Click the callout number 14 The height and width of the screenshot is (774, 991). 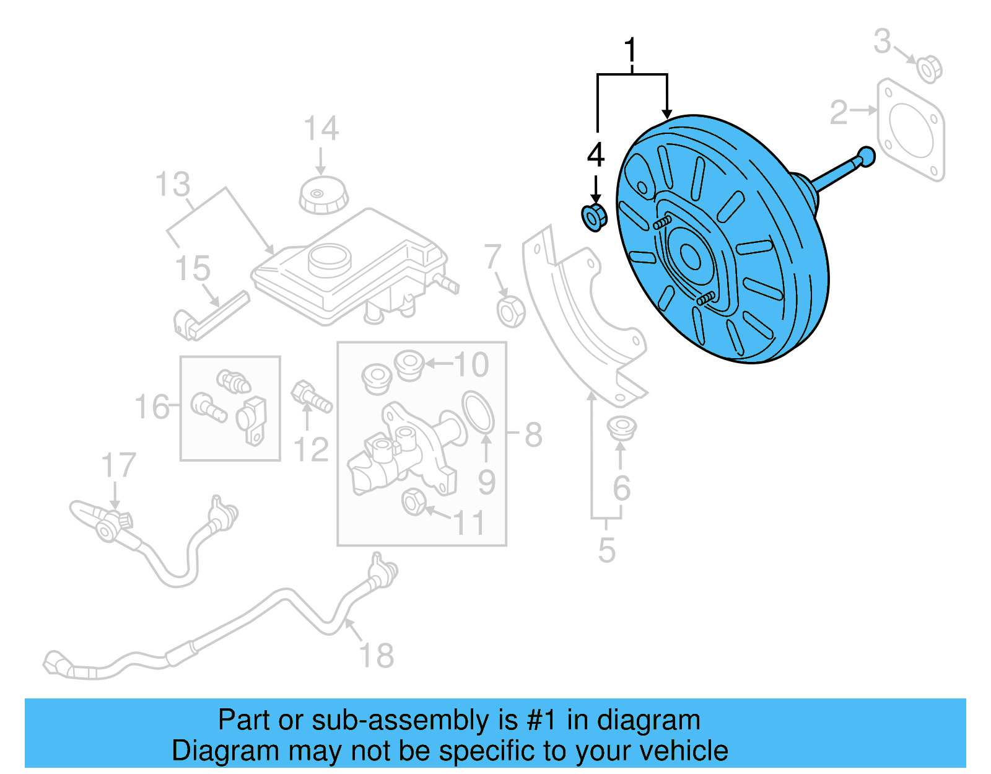coord(321,129)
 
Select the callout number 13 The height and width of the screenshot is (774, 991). coord(172,185)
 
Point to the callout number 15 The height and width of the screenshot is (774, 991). coord(192,268)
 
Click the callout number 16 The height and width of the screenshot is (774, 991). coord(152,408)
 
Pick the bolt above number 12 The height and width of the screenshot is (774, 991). coord(310,396)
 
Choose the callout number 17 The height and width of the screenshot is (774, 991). coord(118,465)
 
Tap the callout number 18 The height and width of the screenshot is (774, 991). coord(376,656)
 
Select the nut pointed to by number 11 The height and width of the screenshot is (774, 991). coord(414,501)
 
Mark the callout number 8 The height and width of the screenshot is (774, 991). coord(533,434)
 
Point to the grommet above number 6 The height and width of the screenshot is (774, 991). coord(621,428)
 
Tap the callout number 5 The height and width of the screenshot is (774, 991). coord(606,550)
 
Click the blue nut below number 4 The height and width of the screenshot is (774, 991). coord(593,218)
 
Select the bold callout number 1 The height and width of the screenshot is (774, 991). coord(630,50)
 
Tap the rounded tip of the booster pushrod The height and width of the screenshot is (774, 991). coord(867,156)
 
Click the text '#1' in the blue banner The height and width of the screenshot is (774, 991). coord(541,720)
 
